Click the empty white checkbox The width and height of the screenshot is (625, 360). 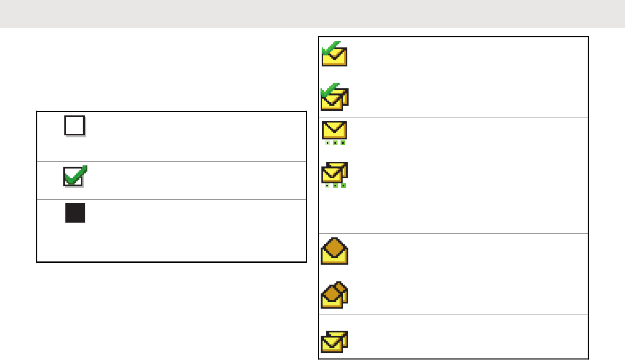point(74,125)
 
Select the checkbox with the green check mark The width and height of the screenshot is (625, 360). point(74,177)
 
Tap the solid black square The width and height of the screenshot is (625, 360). point(75,213)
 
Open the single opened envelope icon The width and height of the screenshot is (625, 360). point(334,251)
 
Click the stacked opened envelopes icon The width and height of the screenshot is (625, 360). point(334,296)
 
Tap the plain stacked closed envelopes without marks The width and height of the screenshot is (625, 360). point(334,341)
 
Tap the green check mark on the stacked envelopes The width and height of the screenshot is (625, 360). point(330,90)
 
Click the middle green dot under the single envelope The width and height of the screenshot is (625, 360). point(335,143)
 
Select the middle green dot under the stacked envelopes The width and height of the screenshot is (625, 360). point(335,186)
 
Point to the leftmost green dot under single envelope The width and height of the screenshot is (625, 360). point(327,143)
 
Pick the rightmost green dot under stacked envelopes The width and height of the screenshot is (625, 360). point(343,186)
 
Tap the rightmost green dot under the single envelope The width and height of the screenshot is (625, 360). point(343,143)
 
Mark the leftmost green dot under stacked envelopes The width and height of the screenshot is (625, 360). point(327,186)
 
